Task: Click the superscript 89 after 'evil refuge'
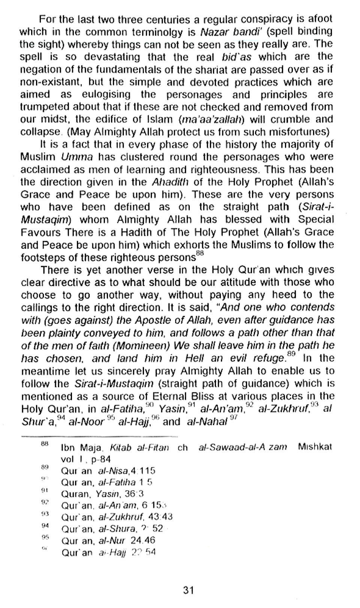(291, 354)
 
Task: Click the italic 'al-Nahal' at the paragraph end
(207, 422)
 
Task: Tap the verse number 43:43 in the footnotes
(160, 517)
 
